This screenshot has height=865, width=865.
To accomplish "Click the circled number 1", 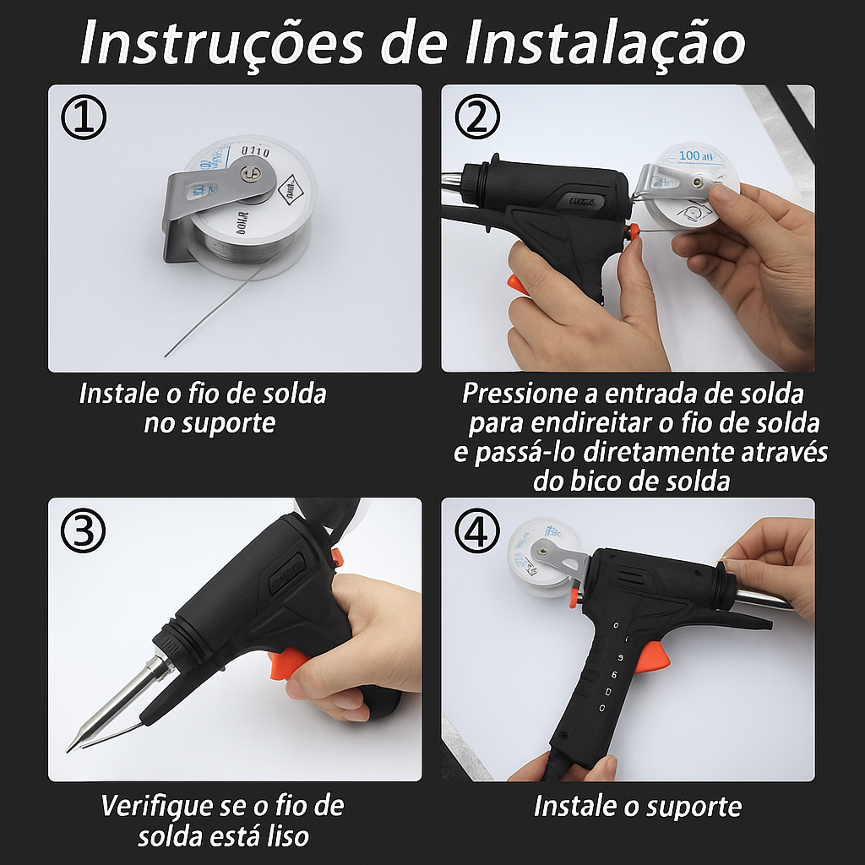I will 84,119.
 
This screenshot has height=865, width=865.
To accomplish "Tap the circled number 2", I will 477,119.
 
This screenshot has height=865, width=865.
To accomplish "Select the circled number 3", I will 84,531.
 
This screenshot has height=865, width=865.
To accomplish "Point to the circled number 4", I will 477,531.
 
